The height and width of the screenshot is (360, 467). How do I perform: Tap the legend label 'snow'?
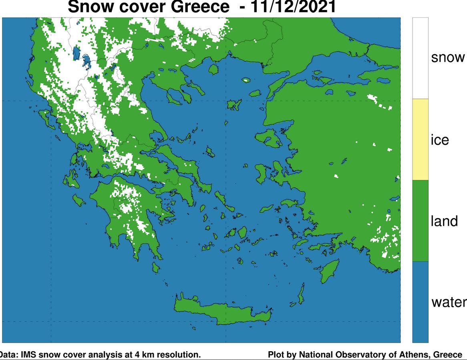(x=448, y=57)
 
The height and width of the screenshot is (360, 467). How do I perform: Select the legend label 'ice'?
(x=440, y=140)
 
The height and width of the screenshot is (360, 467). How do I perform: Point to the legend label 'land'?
(x=444, y=221)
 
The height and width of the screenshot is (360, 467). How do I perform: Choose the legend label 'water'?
(x=449, y=302)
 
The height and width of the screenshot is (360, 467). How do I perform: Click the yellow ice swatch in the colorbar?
(x=420, y=139)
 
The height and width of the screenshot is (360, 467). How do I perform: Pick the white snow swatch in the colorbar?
(x=420, y=58)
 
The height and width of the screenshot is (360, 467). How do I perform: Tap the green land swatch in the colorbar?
(x=420, y=220)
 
